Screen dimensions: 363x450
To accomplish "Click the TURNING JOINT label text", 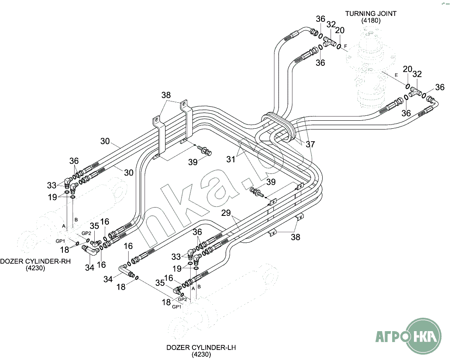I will pos(370,13).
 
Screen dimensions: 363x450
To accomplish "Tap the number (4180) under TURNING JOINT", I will pos(370,20).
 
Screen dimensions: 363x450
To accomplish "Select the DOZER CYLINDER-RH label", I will pos(35,262).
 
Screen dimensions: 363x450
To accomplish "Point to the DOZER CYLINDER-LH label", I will pos(201,347).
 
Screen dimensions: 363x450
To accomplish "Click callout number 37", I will pos(310,145).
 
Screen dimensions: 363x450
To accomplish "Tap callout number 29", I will pos(226,213).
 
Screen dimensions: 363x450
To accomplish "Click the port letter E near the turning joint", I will pos(396,75).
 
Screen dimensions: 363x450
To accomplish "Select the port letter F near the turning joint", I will pos(346,45).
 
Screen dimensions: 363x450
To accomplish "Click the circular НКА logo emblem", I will pos(424,335).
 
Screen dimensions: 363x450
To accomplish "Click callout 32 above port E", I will pos(417,74).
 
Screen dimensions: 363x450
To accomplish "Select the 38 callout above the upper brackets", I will pos(167,95).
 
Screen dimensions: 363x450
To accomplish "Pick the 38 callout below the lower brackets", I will pos(296,237).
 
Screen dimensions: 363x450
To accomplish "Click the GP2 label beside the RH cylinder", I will pos(86,233).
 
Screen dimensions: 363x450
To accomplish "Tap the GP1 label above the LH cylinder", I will pos(177,307).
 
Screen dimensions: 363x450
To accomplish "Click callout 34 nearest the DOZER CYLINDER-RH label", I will pos(90,267).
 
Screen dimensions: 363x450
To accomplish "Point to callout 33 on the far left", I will pos(52,185).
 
